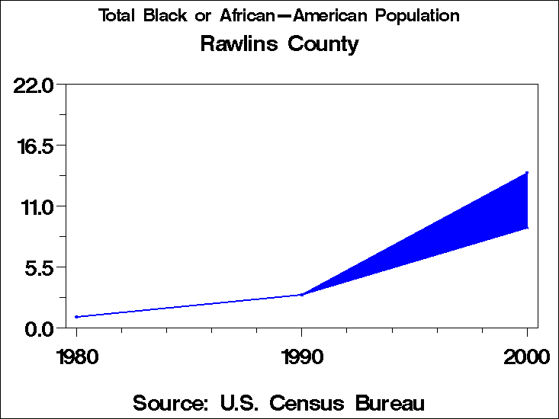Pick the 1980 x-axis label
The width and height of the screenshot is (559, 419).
(x=76, y=356)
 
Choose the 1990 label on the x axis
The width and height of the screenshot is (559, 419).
(x=302, y=356)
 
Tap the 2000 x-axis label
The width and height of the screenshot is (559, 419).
(x=527, y=356)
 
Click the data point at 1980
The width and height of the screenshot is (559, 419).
(x=76, y=317)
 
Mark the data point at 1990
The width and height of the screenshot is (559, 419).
(x=302, y=295)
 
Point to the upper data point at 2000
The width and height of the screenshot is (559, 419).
(x=527, y=173)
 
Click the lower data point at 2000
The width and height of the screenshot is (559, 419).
(x=527, y=228)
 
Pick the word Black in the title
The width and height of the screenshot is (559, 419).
(x=164, y=16)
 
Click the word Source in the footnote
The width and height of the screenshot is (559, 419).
(x=169, y=402)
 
